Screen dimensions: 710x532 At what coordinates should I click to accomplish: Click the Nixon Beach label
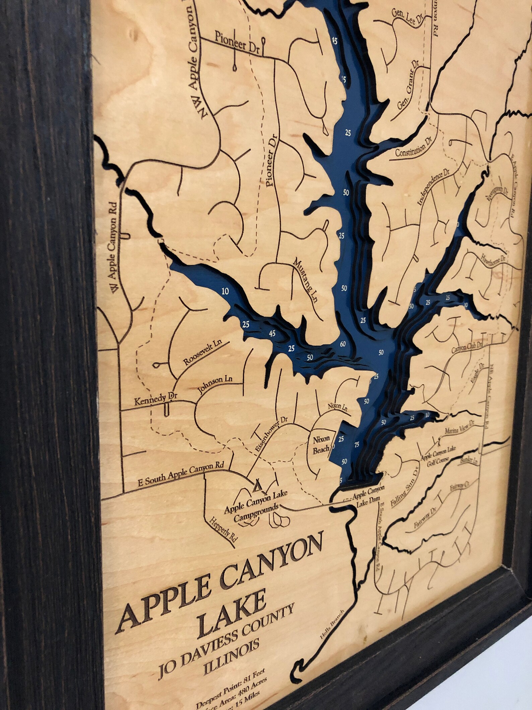tap(321, 445)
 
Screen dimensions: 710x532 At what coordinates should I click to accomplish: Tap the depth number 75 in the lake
tap(356, 445)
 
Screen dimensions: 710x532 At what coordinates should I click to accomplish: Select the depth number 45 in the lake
tap(272, 333)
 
